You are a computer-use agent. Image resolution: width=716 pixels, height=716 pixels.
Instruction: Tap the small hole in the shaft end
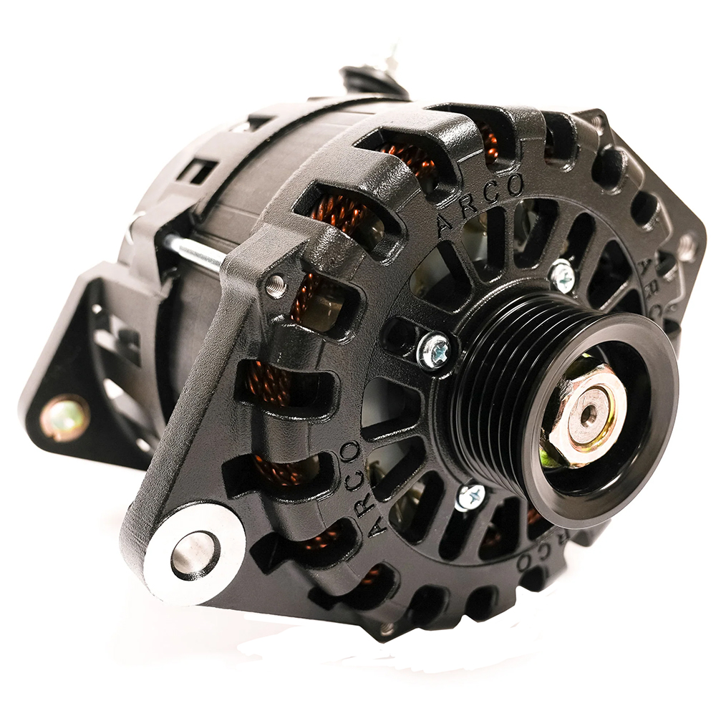click(589, 414)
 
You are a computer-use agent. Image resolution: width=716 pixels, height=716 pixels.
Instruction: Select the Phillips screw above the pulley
click(561, 275)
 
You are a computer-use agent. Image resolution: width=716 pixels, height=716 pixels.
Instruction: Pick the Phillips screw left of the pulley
click(435, 352)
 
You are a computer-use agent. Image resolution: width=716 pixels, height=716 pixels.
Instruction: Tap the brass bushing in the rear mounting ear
click(64, 417)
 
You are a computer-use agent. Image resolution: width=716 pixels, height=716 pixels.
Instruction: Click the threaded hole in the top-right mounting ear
click(687, 247)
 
